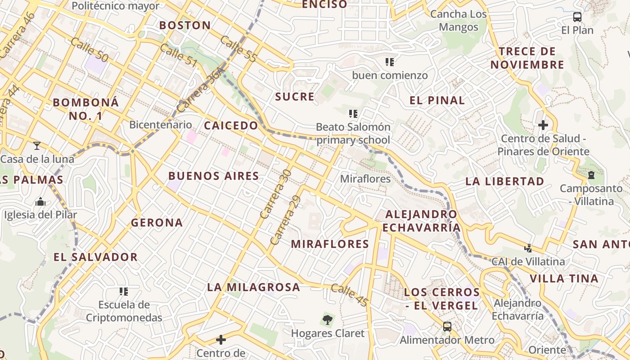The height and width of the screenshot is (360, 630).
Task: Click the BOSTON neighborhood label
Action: click(185, 26)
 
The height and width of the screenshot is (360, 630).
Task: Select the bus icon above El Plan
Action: click(577, 17)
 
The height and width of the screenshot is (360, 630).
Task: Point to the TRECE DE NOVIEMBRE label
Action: click(527, 58)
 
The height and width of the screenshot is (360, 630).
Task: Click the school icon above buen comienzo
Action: click(390, 62)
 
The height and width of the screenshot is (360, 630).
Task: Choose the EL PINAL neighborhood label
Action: click(437, 100)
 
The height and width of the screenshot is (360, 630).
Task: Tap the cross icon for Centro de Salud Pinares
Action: click(543, 125)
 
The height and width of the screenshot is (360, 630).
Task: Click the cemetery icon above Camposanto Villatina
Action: click(591, 175)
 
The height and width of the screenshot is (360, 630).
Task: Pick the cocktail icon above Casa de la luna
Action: click(37, 145)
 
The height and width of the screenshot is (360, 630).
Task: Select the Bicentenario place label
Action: click(160, 125)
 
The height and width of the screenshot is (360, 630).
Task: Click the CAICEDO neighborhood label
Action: click(231, 126)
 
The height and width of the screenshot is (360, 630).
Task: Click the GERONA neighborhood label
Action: click(157, 223)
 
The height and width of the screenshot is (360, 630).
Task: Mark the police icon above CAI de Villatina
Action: click(528, 247)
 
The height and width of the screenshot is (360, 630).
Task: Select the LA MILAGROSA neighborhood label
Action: click(253, 287)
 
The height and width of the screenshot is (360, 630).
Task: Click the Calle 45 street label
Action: click(350, 295)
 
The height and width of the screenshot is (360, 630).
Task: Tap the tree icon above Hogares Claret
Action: click(328, 320)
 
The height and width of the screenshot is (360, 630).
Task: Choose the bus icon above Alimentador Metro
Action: click(447, 327)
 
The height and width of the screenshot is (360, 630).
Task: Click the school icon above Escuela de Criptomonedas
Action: click(124, 292)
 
